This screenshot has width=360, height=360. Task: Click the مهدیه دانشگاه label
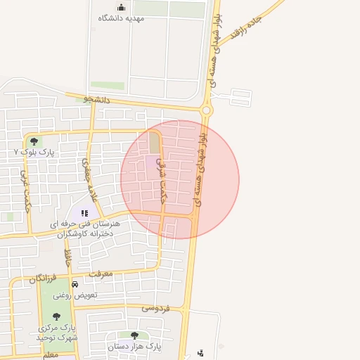[x=121, y=18]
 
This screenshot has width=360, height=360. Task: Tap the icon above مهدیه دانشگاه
[x=121, y=7]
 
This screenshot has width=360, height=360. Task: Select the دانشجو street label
[x=98, y=100]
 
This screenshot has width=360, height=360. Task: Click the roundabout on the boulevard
[x=206, y=110]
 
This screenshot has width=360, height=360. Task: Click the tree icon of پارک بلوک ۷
[x=34, y=141]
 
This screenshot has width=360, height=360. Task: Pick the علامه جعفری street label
[x=88, y=179]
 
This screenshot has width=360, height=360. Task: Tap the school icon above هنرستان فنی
[x=84, y=212]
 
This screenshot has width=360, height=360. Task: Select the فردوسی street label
[x=156, y=307]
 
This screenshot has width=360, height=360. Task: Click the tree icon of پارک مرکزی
[x=57, y=316]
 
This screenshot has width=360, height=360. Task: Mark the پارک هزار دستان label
[x=135, y=347]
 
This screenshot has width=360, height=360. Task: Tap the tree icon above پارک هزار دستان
[x=134, y=335]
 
